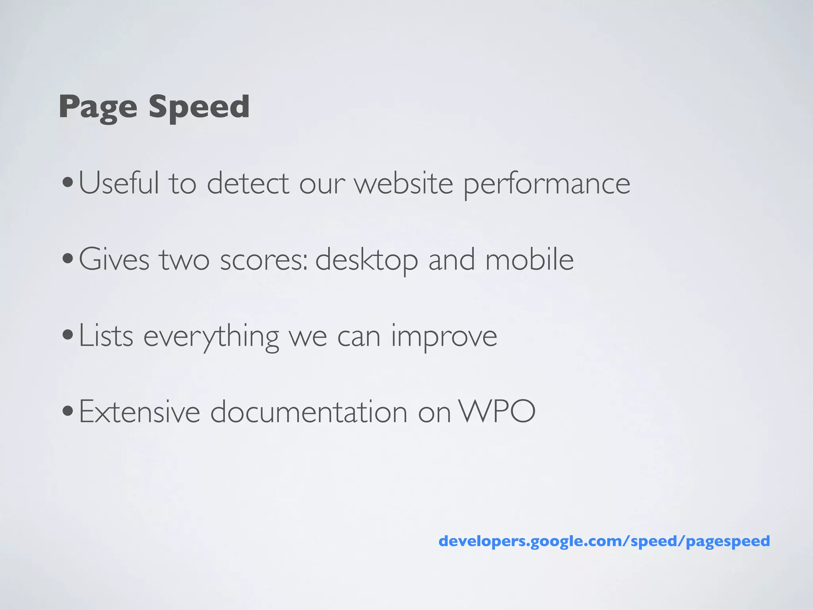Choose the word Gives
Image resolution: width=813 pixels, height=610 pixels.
pyautogui.click(x=114, y=259)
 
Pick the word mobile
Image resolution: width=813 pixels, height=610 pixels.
pyautogui.click(x=530, y=259)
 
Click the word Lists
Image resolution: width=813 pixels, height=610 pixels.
pyautogui.click(x=106, y=336)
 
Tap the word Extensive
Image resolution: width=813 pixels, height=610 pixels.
pyautogui.click(x=139, y=412)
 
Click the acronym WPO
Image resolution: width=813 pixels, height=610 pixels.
pyautogui.click(x=497, y=412)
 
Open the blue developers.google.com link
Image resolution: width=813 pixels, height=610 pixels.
pyautogui.click(x=604, y=541)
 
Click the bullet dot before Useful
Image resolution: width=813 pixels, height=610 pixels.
pyautogui.click(x=68, y=183)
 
